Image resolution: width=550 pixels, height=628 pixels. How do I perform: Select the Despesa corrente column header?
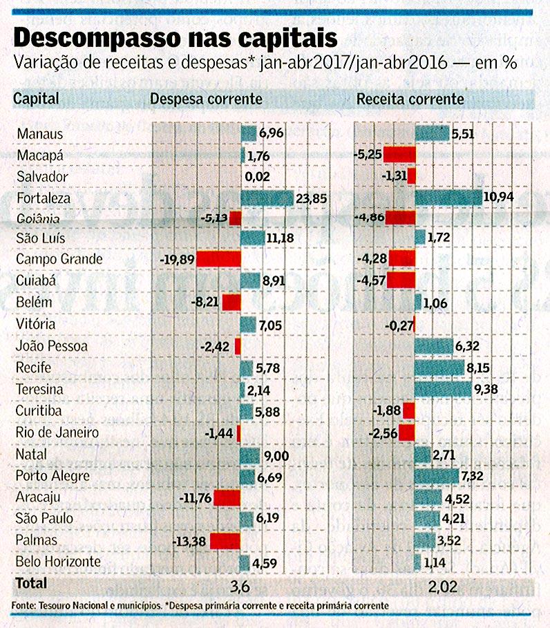point(206,99)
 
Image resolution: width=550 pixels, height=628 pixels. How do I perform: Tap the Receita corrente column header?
point(410,99)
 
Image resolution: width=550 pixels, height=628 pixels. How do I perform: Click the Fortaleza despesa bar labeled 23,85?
point(267,199)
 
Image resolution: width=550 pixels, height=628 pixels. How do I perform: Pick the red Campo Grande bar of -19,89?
point(218,259)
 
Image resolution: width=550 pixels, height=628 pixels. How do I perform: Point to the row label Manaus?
point(40,134)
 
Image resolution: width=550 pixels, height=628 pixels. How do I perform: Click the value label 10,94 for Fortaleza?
point(499,198)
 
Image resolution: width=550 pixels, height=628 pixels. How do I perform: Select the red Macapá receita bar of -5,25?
point(399,154)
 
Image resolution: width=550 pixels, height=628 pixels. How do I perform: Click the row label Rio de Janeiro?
point(57,433)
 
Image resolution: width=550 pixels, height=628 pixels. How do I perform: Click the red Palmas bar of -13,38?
point(225,540)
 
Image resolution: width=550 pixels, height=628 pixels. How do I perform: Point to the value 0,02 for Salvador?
point(258,177)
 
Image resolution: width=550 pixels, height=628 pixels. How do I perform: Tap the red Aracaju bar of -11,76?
point(227,497)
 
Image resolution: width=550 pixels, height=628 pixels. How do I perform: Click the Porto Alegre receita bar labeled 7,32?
point(436,476)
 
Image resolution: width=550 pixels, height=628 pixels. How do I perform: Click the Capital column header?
point(35,99)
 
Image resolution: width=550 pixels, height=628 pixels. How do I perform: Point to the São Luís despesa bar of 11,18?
point(252,238)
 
